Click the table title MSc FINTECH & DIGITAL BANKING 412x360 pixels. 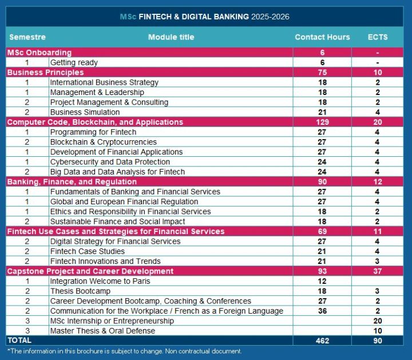tap(205, 17)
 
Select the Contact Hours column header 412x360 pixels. tap(322, 37)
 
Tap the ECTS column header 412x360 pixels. tap(378, 37)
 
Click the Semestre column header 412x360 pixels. tap(27, 37)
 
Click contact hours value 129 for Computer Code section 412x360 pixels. tap(322, 122)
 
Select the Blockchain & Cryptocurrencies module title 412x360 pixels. tap(103, 142)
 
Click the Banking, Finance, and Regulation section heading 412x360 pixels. tap(72, 182)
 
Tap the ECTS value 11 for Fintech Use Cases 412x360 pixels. tap(378, 231)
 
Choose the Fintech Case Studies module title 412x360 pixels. tap(87, 251)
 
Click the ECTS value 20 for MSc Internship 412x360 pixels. tap(378, 321)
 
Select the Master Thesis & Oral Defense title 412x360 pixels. tap(102, 331)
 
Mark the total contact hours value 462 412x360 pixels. tap(322, 341)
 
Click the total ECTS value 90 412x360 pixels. tap(378, 341)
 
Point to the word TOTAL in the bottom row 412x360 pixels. tap(19, 341)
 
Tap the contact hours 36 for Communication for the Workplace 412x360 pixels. tap(322, 311)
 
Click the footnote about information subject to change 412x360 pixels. tap(124, 351)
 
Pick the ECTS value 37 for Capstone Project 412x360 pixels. tap(378, 271)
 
